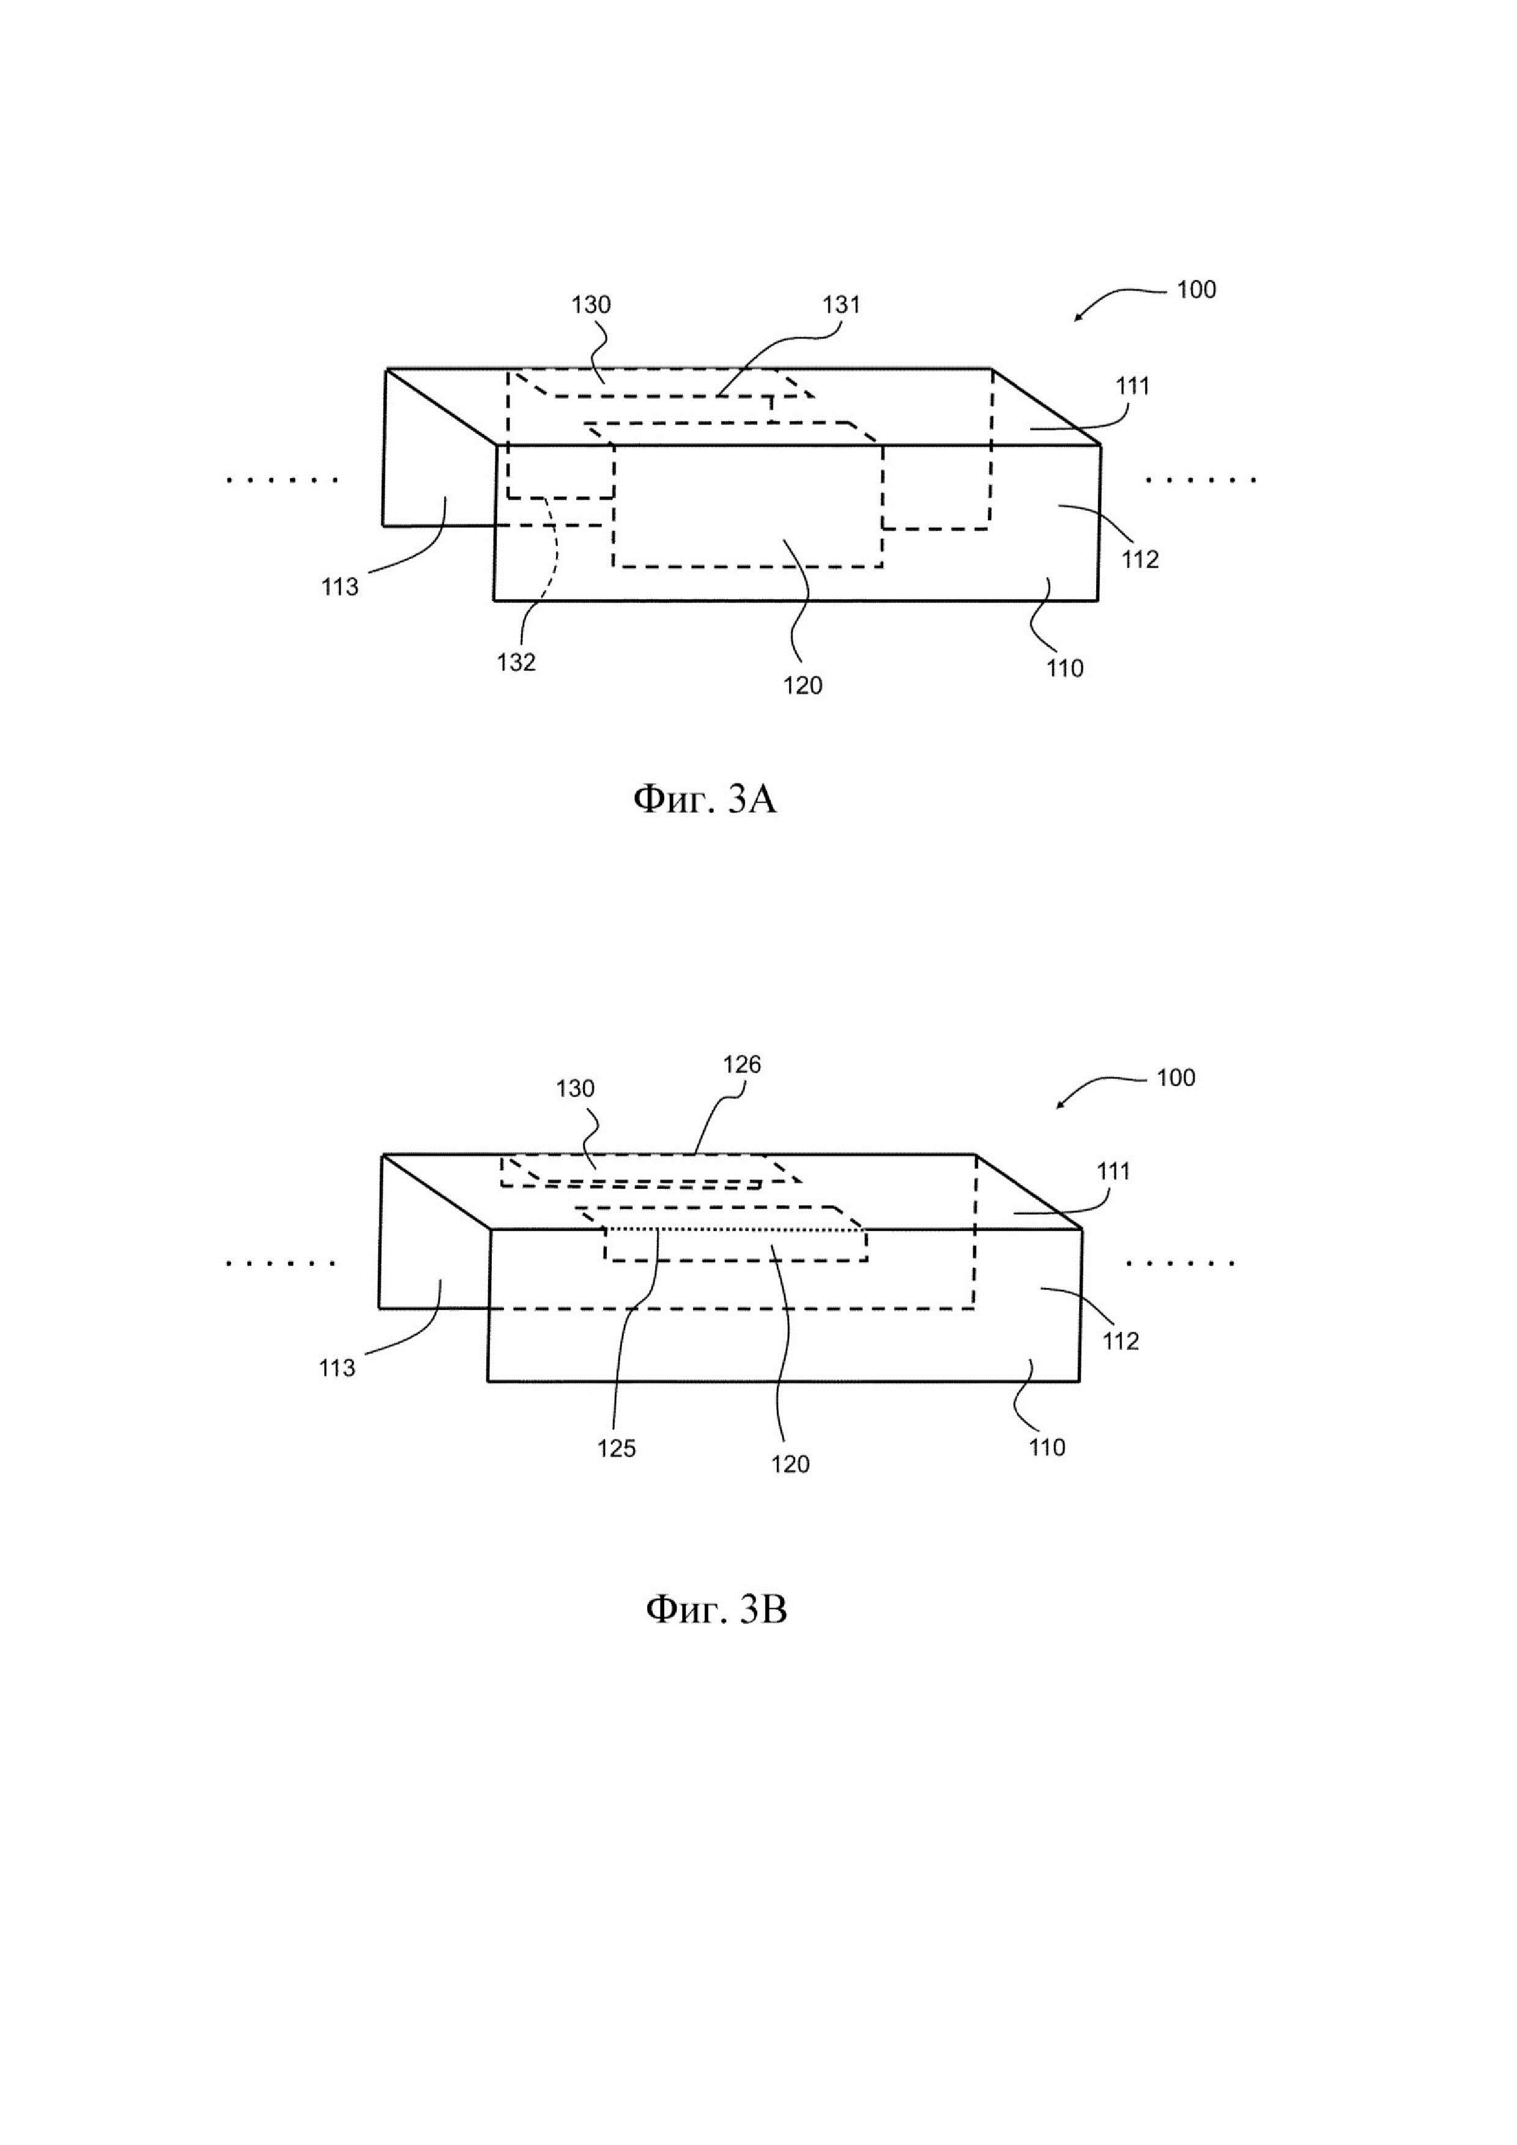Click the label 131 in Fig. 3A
point(840,305)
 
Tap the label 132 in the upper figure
point(516,662)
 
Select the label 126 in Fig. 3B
point(742,1064)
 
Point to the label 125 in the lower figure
point(617,1448)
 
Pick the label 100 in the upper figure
point(1196,290)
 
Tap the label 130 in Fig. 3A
point(592,305)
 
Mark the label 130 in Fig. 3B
point(576,1088)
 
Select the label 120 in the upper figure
point(803,686)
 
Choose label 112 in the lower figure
point(1121,1341)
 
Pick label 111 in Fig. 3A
point(1132,386)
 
